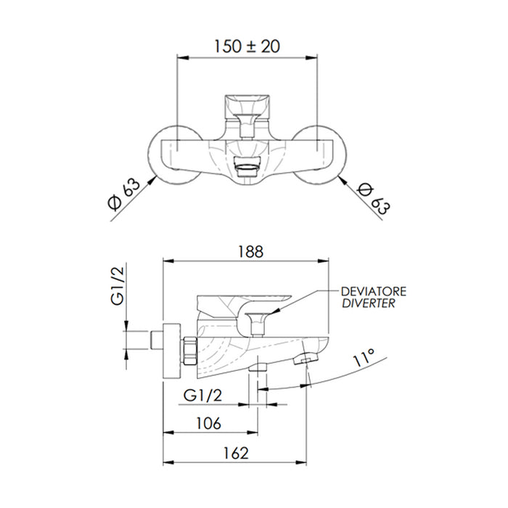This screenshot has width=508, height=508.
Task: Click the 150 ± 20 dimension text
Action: (247, 46)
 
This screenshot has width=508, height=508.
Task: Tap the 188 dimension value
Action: (251, 252)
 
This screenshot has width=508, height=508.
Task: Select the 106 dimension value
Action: (209, 423)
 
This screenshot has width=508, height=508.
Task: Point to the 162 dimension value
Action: (236, 453)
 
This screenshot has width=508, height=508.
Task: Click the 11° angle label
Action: (364, 357)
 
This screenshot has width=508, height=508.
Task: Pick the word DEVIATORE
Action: (374, 292)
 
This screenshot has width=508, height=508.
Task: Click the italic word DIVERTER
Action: (369, 303)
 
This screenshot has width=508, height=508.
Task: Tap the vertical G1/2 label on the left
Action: (118, 286)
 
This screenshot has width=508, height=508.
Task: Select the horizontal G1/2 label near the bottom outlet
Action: (202, 396)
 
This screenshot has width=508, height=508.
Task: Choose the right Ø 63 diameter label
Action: (374, 199)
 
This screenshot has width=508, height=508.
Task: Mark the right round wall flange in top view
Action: (320, 155)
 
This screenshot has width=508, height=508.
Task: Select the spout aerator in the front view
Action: (247, 166)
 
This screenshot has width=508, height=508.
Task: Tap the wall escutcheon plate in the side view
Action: (172, 351)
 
